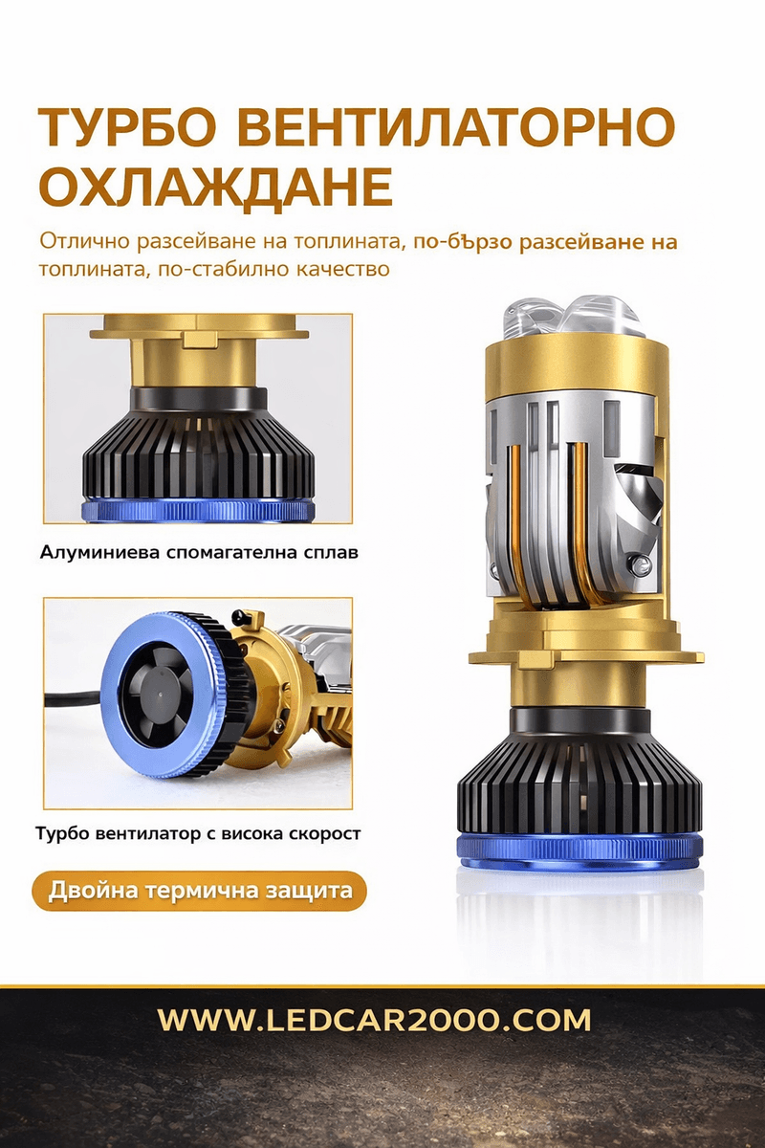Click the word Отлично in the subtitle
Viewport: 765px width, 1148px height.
coord(84,241)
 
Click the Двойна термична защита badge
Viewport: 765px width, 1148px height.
coord(200,891)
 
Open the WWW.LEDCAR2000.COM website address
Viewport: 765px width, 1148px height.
coord(374,1021)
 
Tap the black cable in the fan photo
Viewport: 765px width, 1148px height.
coord(75,698)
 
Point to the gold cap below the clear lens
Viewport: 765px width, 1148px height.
coord(577,369)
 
